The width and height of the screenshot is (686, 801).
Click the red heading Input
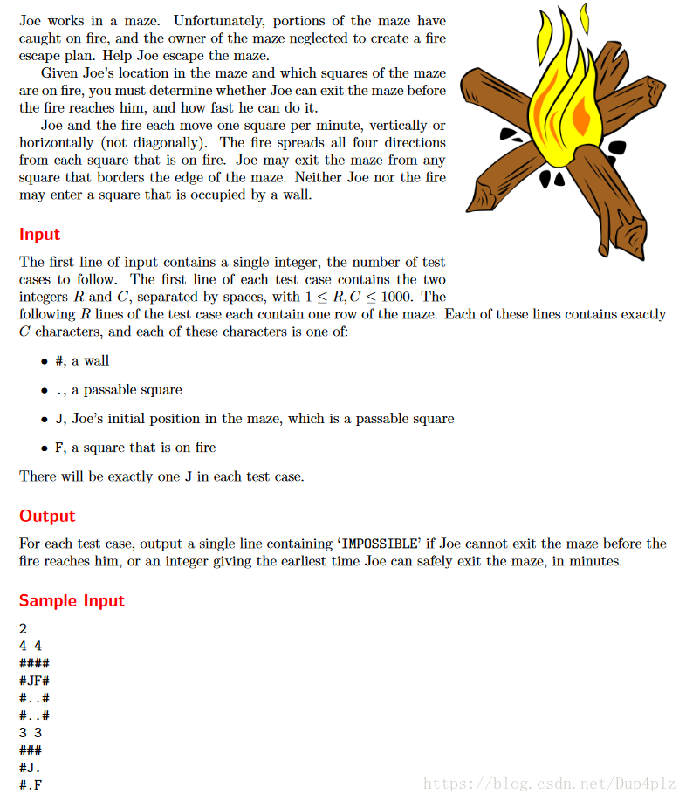[39, 235]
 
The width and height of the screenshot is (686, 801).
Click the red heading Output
[47, 517]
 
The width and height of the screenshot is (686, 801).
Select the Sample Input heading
[72, 601]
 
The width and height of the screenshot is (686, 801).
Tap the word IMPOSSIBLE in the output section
[378, 544]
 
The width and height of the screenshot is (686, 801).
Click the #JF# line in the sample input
[34, 681]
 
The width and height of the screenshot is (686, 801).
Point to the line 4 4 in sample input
[31, 646]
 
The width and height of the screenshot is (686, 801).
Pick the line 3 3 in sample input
[31, 733]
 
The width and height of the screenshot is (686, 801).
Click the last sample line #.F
[31, 784]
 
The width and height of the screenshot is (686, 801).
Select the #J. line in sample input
[31, 768]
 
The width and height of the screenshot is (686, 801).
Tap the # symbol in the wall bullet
[58, 361]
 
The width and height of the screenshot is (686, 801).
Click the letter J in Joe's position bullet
[58, 419]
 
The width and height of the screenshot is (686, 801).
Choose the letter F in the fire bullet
[58, 448]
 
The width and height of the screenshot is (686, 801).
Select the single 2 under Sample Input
[23, 628]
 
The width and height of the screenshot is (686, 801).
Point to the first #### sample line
[34, 663]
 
